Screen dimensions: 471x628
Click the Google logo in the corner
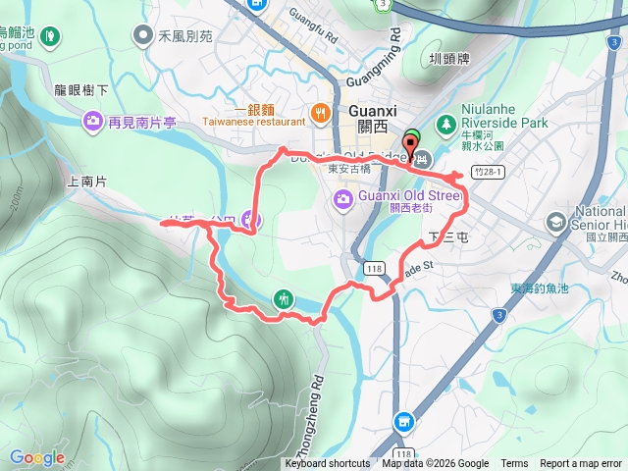(x=37, y=457)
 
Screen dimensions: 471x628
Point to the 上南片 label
(x=85, y=182)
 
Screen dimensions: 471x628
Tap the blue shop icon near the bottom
(x=402, y=422)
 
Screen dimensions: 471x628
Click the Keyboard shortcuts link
(x=328, y=464)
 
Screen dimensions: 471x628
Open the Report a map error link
(x=581, y=464)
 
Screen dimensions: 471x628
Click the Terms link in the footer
(x=514, y=464)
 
